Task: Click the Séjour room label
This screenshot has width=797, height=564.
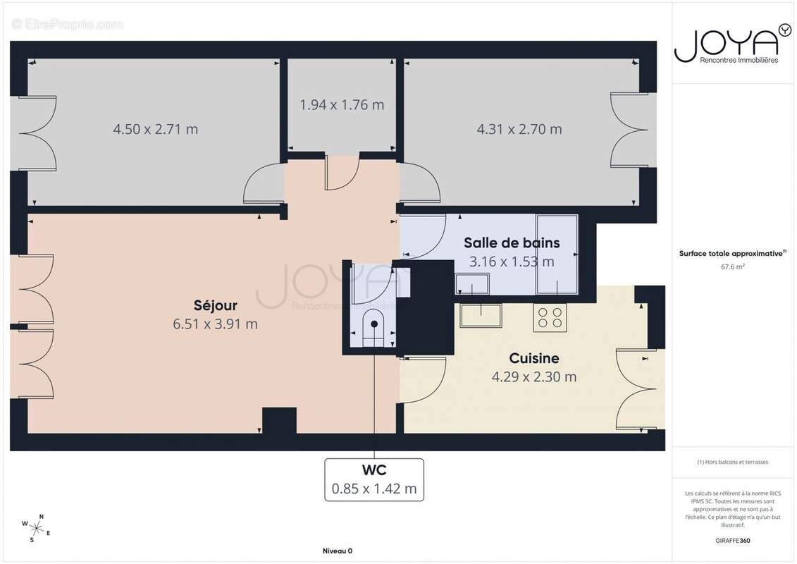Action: (216, 306)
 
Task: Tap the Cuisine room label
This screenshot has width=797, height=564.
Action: (534, 359)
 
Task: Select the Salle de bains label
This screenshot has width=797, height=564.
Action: (512, 243)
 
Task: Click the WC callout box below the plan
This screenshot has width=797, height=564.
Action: (374, 479)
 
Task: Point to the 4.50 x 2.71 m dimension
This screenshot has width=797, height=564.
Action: (155, 129)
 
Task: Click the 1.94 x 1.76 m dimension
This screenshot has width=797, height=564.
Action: (342, 105)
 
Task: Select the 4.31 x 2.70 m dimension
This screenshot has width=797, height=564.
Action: (519, 129)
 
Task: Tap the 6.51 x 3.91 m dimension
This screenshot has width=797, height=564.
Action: (216, 324)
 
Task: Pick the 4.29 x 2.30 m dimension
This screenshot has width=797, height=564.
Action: (534, 377)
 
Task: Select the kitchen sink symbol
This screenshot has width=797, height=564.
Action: (481, 315)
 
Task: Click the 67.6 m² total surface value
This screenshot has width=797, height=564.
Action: (733, 267)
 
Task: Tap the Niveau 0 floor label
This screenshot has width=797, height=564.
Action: (337, 551)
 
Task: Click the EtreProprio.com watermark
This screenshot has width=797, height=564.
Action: (68, 25)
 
